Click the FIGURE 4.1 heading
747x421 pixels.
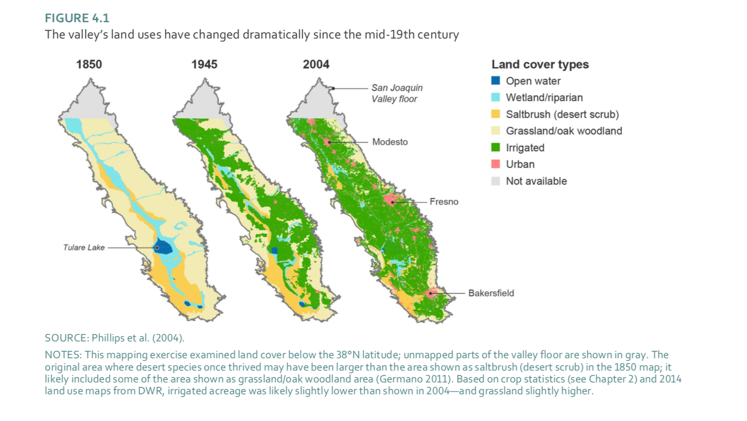click(77, 18)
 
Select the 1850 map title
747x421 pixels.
click(89, 64)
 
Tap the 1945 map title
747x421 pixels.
click(204, 64)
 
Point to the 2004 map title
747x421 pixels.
click(316, 64)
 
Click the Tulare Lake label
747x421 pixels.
click(83, 248)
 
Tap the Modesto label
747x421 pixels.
click(390, 142)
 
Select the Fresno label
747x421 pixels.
click(443, 202)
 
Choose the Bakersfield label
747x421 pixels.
click(491, 293)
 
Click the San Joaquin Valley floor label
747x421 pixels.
click(396, 93)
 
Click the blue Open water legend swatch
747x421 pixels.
click(496, 81)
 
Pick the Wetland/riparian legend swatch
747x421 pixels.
click(496, 97)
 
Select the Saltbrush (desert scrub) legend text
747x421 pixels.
click(562, 114)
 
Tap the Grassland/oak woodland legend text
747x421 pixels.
click(563, 131)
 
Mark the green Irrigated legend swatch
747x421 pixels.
click(496, 147)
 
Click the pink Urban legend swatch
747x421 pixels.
click(496, 164)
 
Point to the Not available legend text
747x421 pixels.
click(536, 181)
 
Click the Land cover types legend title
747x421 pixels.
click(540, 64)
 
